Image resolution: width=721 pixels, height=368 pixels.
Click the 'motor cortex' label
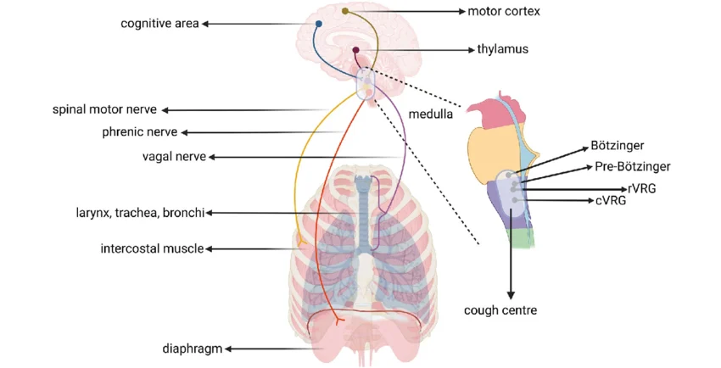click(x=504, y=11)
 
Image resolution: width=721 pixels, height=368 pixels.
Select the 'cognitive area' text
click(x=159, y=24)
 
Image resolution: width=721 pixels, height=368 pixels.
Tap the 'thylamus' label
click(x=503, y=49)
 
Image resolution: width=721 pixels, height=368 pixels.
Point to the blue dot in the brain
click(x=319, y=24)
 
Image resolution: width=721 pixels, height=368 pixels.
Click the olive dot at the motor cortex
click(x=345, y=11)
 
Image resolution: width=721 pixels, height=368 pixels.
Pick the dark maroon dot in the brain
click(x=355, y=50)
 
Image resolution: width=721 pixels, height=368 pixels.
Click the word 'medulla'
click(x=430, y=114)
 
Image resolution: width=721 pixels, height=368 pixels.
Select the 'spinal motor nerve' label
click(x=104, y=109)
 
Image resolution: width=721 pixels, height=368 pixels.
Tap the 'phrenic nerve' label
click(x=140, y=132)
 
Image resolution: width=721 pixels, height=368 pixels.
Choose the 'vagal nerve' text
click(x=174, y=157)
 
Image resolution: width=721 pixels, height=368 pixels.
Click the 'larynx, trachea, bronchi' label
click(x=140, y=213)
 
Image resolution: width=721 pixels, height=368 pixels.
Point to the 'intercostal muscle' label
click(x=152, y=248)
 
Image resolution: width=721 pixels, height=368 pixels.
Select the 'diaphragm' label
click(x=193, y=349)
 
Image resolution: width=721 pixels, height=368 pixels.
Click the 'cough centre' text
click(x=500, y=310)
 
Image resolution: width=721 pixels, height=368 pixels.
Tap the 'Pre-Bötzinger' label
click(x=632, y=166)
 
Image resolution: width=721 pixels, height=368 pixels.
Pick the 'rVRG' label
click(x=641, y=188)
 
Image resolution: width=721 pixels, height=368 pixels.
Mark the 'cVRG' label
click(x=611, y=201)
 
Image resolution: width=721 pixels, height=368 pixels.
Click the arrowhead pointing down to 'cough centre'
click(x=511, y=295)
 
